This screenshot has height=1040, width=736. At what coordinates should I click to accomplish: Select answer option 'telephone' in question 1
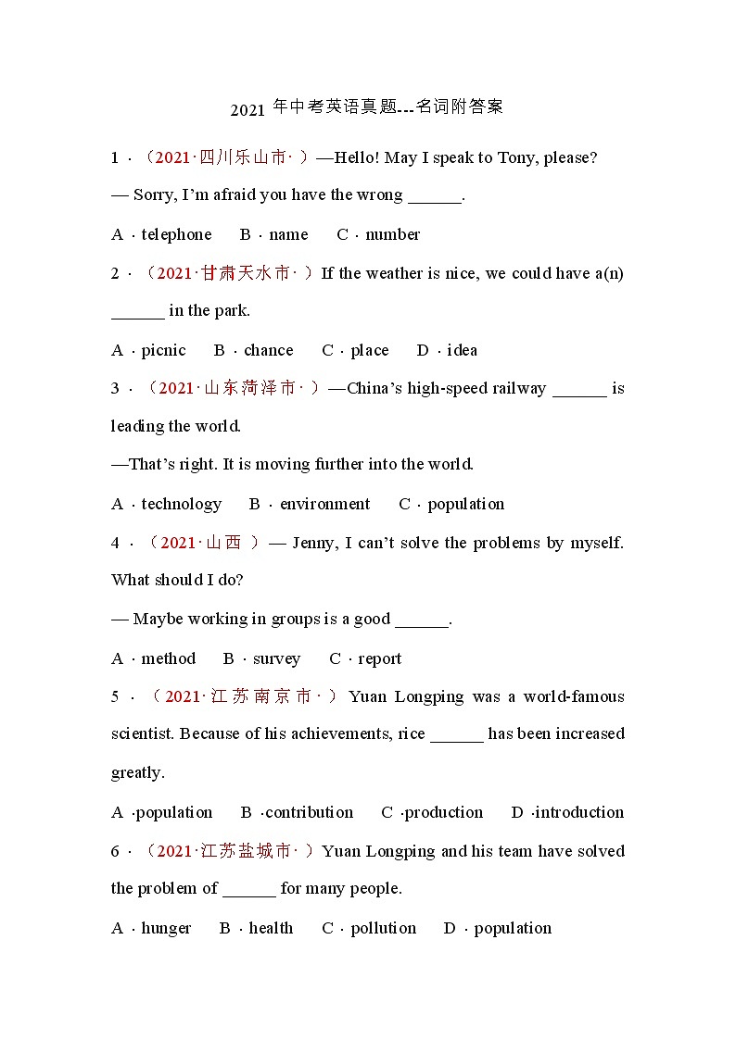click(176, 235)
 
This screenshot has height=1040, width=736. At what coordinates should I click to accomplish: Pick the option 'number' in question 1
click(392, 235)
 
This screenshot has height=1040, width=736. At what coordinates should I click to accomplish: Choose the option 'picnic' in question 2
click(163, 351)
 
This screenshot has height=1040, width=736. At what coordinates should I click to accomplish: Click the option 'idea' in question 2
click(462, 351)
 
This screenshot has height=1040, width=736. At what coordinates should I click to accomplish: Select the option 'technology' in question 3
click(182, 505)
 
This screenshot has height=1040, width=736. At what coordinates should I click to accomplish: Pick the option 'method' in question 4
click(169, 659)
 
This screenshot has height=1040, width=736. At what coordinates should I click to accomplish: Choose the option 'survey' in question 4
click(276, 659)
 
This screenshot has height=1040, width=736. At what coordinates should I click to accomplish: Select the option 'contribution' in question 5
click(309, 813)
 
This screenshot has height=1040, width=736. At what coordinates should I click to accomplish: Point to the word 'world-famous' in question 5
click(574, 697)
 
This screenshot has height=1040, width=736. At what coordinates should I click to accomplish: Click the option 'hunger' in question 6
click(166, 929)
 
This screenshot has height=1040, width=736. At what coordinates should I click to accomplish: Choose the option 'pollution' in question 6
click(383, 929)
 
